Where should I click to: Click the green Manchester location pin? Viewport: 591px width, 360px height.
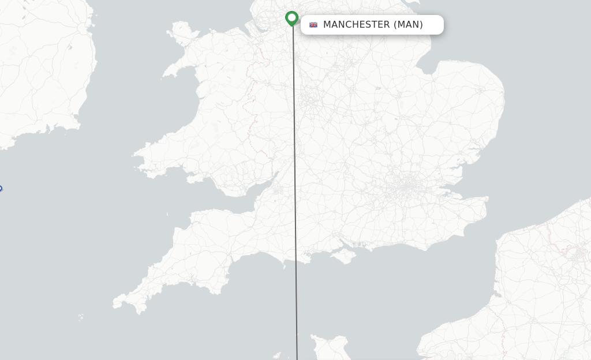coord(292,18)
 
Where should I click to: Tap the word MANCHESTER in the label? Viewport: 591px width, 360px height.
coord(356,25)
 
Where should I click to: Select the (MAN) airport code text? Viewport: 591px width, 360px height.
coord(408,25)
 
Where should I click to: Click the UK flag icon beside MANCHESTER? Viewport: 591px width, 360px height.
coord(313,25)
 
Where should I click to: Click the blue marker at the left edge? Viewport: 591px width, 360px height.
coord(1,189)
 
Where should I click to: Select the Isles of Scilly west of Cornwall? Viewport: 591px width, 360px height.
coord(81,317)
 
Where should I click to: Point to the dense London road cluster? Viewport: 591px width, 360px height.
coord(407,187)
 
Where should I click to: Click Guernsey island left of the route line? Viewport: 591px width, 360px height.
coord(278,355)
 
